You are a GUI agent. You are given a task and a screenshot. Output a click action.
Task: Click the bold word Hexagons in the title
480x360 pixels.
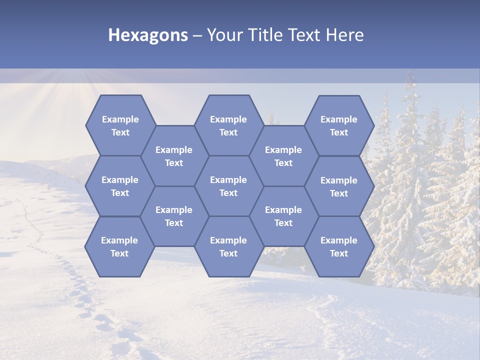pyautogui.click(x=148, y=35)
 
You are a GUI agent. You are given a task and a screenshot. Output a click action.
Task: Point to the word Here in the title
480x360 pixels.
pyautogui.click(x=344, y=35)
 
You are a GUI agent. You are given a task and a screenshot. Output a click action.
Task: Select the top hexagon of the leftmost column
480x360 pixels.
pyautogui.click(x=120, y=125)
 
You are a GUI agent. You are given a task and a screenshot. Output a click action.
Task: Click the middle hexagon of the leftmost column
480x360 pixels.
pyautogui.click(x=120, y=186)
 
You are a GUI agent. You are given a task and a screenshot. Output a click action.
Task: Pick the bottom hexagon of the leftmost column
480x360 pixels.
pyautogui.click(x=119, y=246)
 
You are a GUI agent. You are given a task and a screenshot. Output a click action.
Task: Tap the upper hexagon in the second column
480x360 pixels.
pyautogui.click(x=174, y=156)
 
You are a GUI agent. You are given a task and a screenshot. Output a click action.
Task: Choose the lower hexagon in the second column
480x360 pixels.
pyautogui.click(x=174, y=216)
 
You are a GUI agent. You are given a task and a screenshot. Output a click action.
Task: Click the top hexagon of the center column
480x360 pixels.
pyautogui.click(x=228, y=125)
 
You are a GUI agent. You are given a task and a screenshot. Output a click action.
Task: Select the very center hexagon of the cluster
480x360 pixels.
pyautogui.click(x=228, y=186)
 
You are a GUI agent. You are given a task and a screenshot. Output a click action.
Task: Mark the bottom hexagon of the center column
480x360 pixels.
pyautogui.click(x=228, y=246)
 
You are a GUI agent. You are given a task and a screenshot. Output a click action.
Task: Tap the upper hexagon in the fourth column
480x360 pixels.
pyautogui.click(x=283, y=156)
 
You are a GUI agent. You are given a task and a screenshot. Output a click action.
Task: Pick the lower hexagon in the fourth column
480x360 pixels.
pyautogui.click(x=283, y=216)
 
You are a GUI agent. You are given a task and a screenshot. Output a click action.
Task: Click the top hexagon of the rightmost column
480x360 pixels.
pyautogui.click(x=339, y=125)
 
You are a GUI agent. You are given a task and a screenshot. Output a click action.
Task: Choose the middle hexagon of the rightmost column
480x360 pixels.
pyautogui.click(x=339, y=186)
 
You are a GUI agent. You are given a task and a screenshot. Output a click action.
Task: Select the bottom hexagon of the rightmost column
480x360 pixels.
pyautogui.click(x=339, y=246)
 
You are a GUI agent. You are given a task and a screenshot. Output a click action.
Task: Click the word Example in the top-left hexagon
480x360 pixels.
pyautogui.click(x=120, y=119)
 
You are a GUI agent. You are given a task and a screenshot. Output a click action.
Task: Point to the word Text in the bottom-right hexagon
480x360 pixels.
pyautogui.click(x=339, y=253)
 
